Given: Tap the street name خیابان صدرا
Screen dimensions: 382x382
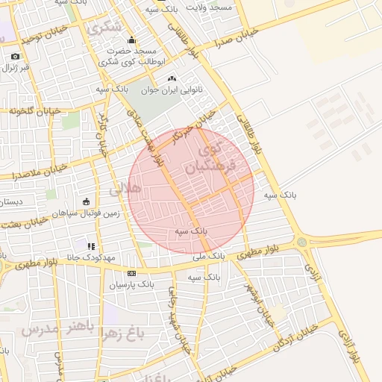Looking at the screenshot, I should point(236,37).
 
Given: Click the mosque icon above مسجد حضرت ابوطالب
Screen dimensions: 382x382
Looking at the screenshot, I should point(132,40).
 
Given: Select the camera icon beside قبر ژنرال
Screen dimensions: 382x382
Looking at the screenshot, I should point(15,57).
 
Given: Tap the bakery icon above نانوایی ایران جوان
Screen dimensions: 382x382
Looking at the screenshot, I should point(172,78).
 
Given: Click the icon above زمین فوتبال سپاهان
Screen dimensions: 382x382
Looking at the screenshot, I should point(86,201).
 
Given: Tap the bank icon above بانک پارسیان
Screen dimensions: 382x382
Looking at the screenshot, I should point(131,273).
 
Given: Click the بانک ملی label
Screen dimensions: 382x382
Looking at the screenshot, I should point(208,256).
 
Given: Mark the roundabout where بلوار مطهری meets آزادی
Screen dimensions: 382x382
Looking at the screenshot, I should point(301,242).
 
